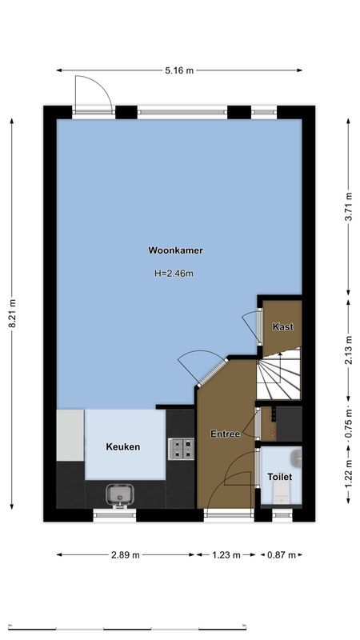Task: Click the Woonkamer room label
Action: point(175,250)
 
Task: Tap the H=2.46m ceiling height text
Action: point(174,274)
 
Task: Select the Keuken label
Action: point(123,446)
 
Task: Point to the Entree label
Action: point(225,434)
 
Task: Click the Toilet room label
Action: point(279,477)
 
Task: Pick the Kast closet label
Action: point(282,326)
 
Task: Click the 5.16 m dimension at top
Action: point(179,70)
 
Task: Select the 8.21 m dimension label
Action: point(12,313)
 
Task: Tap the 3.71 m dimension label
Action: point(348,206)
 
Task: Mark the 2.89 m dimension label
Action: point(126,554)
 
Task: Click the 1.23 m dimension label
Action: point(226,554)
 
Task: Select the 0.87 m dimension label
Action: point(281,554)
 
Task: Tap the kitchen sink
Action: point(118,495)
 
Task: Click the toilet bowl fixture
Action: point(297,458)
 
